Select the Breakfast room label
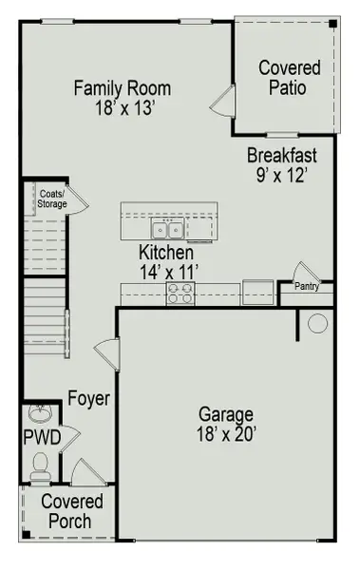282,156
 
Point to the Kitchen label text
166,254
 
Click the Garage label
226,415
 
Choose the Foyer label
88,399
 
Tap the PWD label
42,437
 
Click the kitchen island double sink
168,229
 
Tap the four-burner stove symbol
180,294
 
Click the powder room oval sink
39,414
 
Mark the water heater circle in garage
317,324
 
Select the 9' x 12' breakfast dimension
282,176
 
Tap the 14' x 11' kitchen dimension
166,273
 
